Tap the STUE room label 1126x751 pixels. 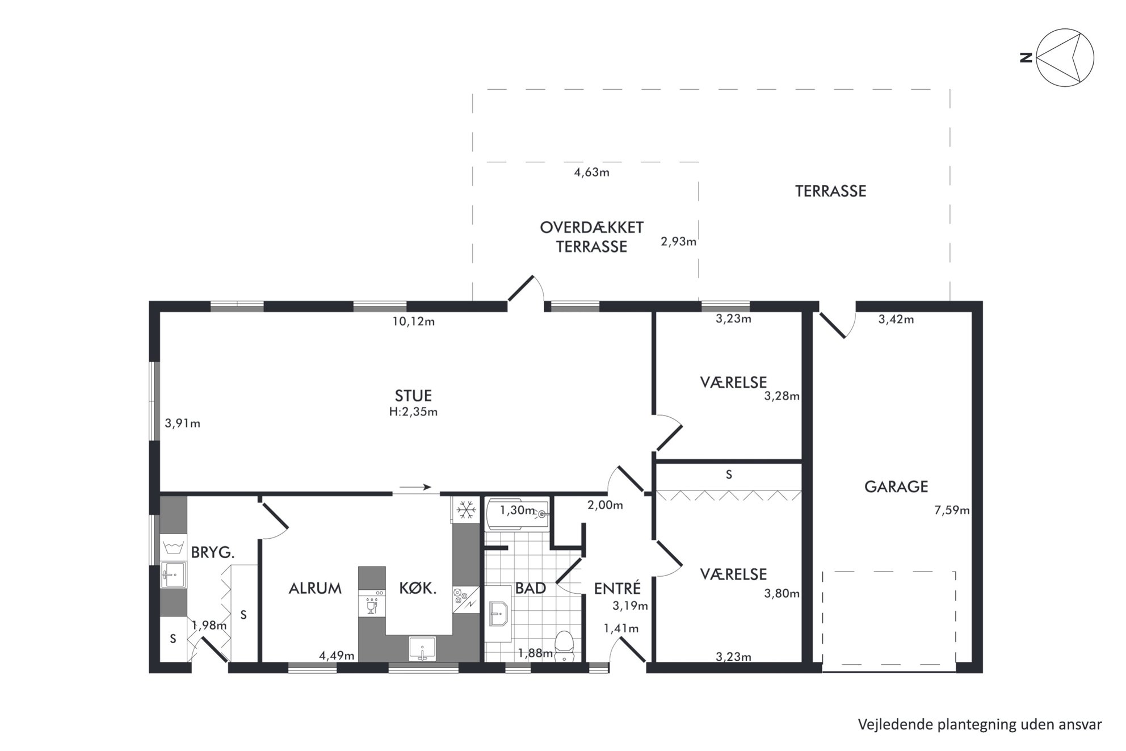(413, 396)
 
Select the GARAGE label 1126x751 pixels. (896, 486)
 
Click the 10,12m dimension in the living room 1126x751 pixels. (413, 321)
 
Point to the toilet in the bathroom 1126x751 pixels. (564, 646)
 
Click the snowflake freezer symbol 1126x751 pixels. (467, 510)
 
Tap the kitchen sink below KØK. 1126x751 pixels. (422, 648)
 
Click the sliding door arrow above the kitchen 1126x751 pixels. (415, 487)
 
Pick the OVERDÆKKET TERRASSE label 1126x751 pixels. (591, 237)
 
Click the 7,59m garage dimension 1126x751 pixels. (952, 510)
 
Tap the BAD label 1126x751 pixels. (531, 588)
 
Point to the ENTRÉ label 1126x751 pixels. (617, 588)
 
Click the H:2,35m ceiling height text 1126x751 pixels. (413, 412)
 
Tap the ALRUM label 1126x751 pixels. (315, 588)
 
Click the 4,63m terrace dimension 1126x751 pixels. (591, 172)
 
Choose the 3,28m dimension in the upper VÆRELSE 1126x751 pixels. (782, 396)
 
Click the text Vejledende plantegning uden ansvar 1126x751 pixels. (980, 725)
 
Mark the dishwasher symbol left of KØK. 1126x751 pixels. (372, 603)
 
